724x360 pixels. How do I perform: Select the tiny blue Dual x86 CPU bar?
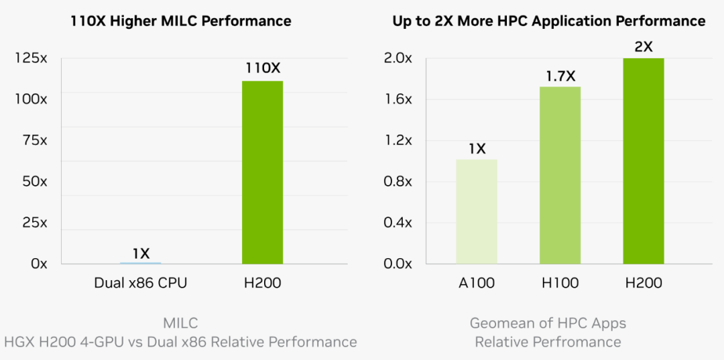[141, 262]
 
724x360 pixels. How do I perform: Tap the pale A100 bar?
[477, 211]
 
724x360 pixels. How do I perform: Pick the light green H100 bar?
[560, 175]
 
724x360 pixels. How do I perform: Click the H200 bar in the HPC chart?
[644, 161]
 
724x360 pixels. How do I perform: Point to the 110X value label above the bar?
[262, 68]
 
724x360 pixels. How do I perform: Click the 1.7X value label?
[560, 76]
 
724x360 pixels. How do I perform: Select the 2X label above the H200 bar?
[644, 47]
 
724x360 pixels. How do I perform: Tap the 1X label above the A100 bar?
[477, 148]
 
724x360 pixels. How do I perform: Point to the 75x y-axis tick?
[34, 141]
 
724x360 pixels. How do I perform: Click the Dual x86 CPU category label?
[141, 283]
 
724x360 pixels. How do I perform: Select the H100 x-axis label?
[560, 283]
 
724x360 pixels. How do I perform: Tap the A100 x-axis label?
[477, 283]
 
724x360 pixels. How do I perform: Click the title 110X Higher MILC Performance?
[181, 21]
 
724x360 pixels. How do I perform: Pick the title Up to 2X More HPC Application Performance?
[548, 21]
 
